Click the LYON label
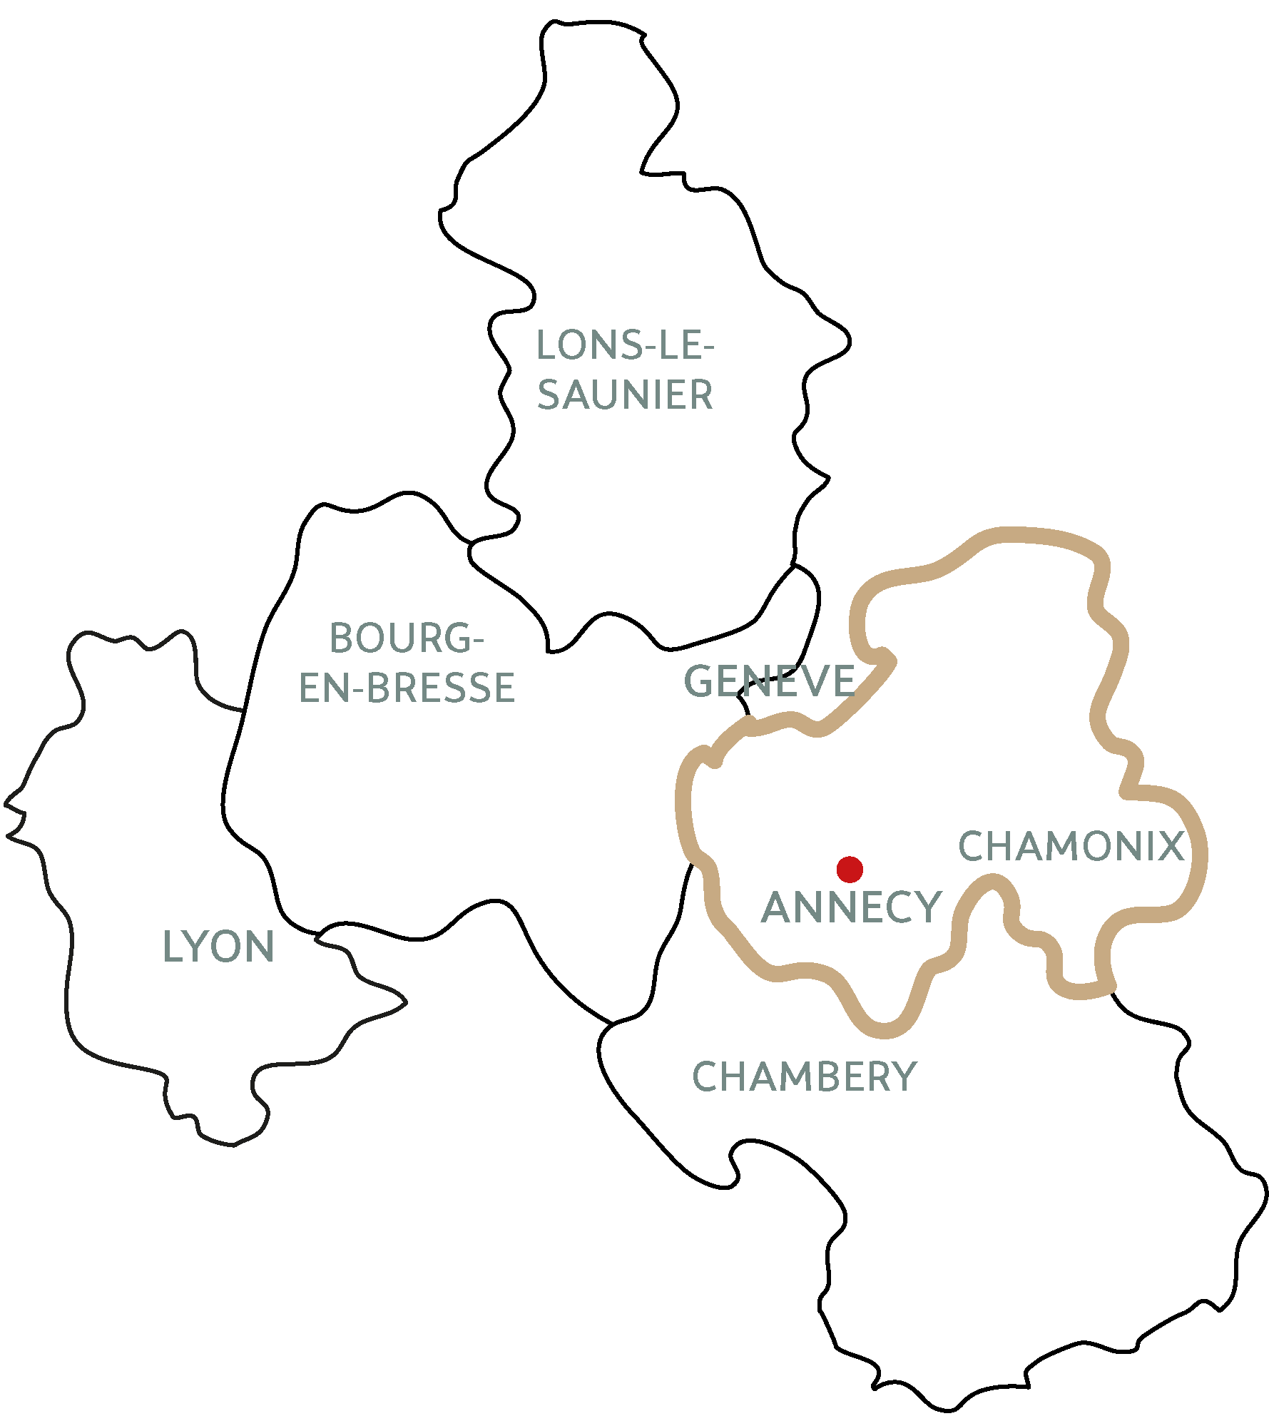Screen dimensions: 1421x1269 click(218, 947)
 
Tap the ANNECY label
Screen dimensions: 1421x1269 click(852, 907)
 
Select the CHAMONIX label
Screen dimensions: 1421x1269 click(1071, 846)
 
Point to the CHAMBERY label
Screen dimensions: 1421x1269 click(804, 1076)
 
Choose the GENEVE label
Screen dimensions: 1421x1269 click(769, 681)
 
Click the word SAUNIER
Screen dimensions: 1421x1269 click(625, 395)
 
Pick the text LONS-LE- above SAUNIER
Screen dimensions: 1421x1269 click(625, 345)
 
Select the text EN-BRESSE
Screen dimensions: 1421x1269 click(407, 688)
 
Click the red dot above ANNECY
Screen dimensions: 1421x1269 click(850, 869)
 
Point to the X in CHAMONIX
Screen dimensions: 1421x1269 click(1170, 846)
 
